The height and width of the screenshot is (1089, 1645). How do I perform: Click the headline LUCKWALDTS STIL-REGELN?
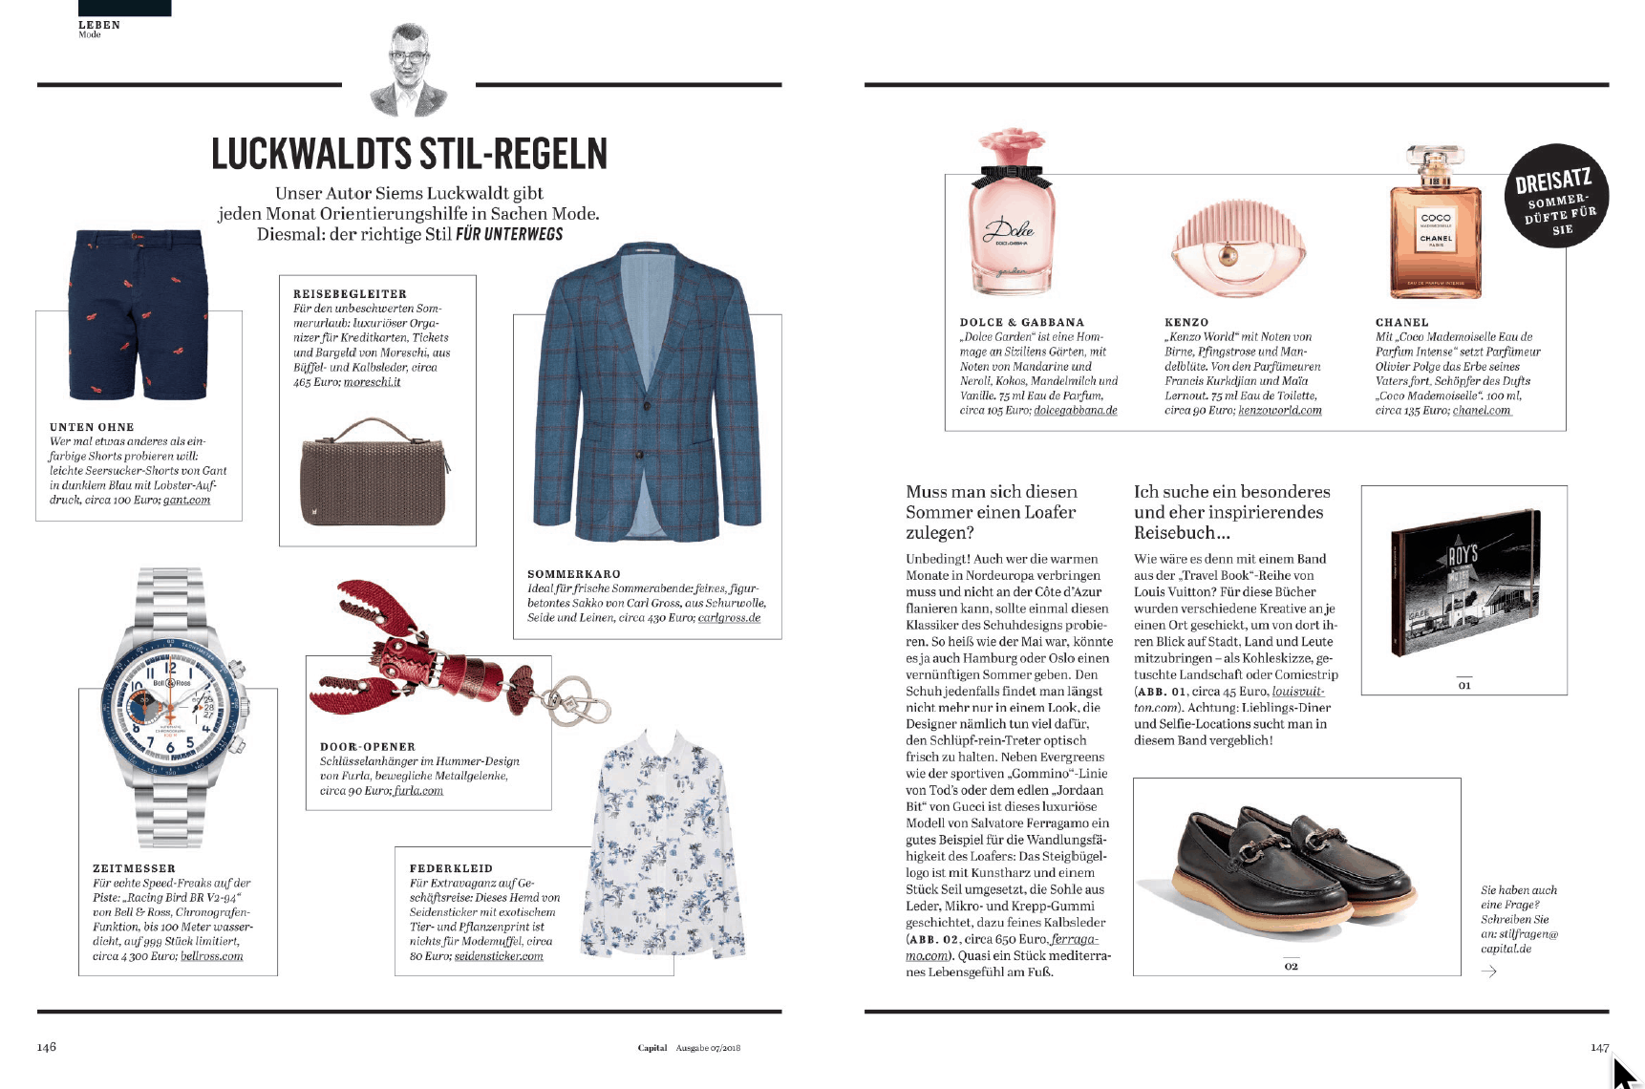coord(409,154)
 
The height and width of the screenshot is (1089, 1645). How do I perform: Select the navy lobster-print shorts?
coord(138,314)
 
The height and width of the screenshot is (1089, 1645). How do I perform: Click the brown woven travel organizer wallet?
coord(374,472)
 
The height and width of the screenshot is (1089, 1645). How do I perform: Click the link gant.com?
coord(186,501)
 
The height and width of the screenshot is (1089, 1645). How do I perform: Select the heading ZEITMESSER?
coord(134,868)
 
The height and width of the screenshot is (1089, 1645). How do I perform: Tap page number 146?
coord(47,1047)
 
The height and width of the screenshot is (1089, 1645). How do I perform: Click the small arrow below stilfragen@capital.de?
coord(1488,972)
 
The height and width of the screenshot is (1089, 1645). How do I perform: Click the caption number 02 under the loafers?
coord(1291,966)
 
